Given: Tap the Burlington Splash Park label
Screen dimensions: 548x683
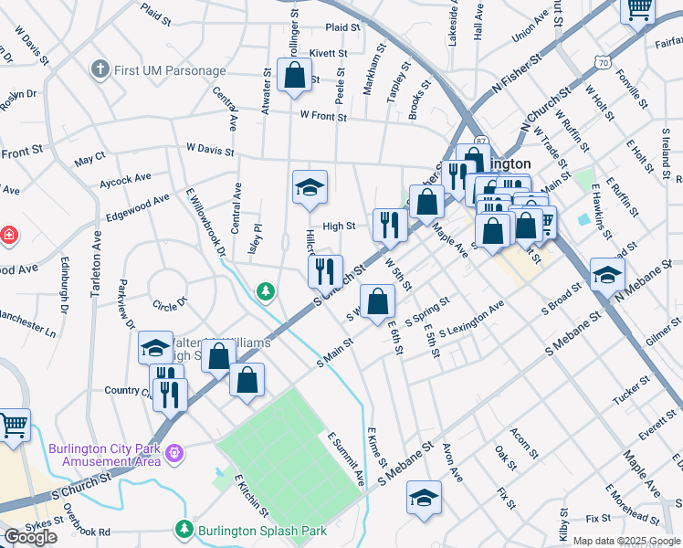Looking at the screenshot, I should click(249, 529).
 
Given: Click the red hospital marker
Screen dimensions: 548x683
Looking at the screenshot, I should click(9, 236).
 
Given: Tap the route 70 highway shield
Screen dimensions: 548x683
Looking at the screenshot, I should click(600, 61).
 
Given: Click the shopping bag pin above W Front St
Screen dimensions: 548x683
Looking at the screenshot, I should click(295, 78).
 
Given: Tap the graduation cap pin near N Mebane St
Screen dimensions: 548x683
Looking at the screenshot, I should click(607, 274).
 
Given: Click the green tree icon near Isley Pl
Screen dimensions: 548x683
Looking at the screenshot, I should click(266, 291).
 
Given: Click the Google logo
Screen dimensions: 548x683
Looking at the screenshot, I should click(30, 537).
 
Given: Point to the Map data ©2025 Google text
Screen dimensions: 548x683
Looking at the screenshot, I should click(626, 541).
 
